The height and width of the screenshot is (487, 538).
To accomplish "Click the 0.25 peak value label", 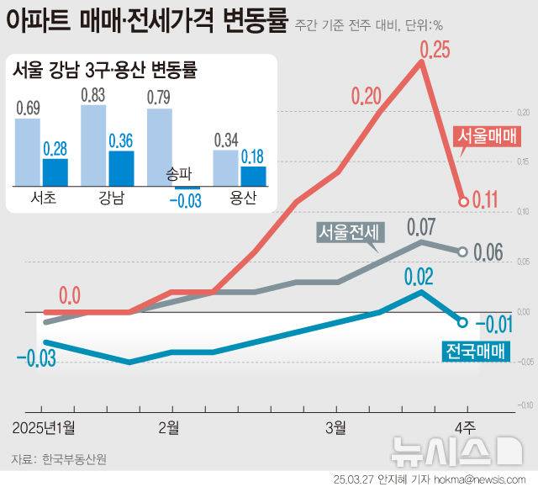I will coord(435,50).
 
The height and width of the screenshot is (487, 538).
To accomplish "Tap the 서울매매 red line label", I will coord(488,137).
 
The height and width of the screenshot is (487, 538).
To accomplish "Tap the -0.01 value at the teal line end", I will coord(496,323).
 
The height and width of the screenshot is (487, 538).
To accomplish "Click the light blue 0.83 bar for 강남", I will coord(93,145).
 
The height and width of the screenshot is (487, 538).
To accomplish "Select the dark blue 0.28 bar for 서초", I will coord(55,172).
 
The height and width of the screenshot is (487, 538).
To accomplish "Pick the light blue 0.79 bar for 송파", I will coord(160,147).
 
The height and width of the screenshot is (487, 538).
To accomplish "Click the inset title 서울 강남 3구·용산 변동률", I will coord(104,71).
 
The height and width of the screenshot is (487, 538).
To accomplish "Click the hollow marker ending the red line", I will coord(463,201).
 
